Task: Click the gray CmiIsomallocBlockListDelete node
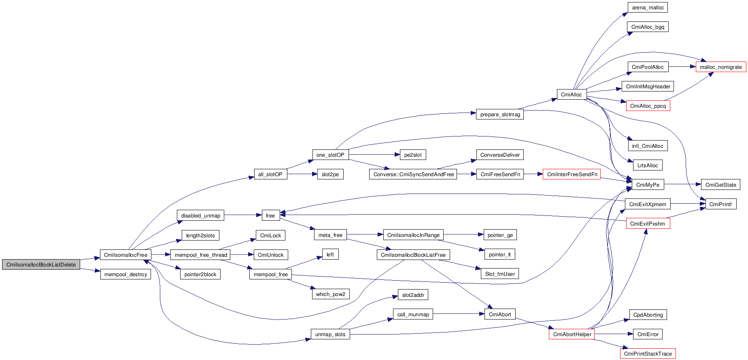pos(41,265)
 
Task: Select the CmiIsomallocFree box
pos(125,255)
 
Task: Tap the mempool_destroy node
pos(125,275)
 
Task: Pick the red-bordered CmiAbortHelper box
pos(572,334)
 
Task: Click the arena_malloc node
pos(648,8)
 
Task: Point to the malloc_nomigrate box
pos(720,67)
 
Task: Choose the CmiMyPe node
pos(648,185)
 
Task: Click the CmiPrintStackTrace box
pos(648,354)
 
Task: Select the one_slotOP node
pos(330,155)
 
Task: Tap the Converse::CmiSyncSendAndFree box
pos(413,175)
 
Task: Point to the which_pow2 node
pos(330,294)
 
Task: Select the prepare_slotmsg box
pos(500,115)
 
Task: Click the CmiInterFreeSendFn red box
pos(572,175)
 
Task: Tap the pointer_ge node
pos(500,235)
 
